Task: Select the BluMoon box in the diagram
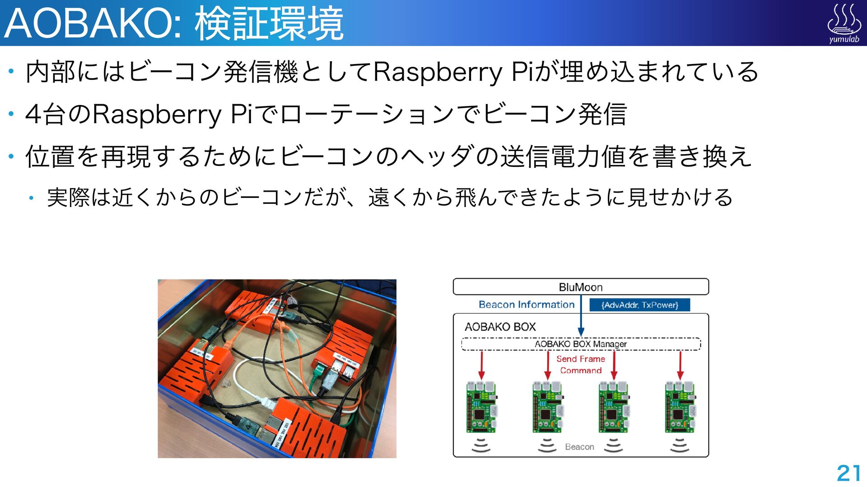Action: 581,287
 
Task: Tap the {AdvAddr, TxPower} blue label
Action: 639,305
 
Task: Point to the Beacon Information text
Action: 526,305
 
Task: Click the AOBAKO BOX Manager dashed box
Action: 581,344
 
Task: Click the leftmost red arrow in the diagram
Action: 481,365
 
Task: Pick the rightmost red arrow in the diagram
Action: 680,365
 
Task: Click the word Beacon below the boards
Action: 579,447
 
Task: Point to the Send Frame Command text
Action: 581,364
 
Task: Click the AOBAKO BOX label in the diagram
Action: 500,327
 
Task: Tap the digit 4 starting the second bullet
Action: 34,115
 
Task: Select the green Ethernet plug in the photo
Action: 319,372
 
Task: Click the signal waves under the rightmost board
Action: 680,445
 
